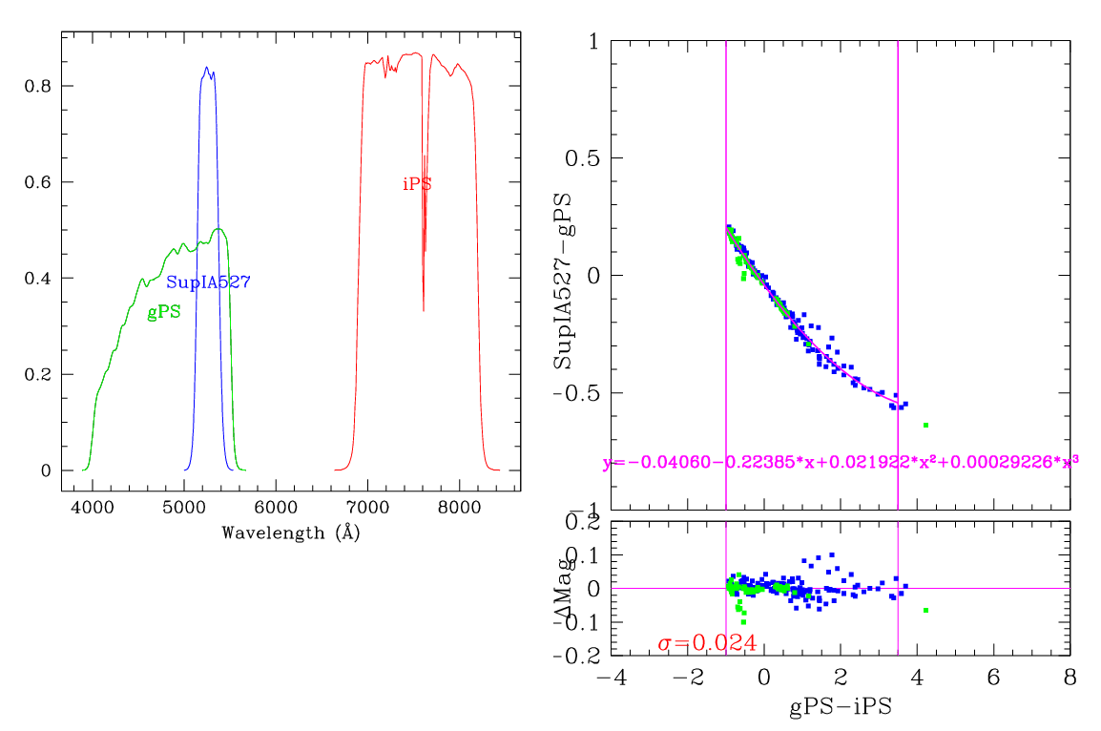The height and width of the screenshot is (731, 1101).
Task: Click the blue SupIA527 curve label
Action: [208, 282]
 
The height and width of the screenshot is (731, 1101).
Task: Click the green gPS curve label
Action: [164, 312]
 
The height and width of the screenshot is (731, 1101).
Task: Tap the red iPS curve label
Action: [417, 184]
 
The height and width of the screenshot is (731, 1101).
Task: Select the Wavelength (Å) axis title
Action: [290, 533]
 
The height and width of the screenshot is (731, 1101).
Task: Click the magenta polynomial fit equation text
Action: [841, 463]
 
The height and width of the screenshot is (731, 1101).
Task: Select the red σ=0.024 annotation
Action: [707, 644]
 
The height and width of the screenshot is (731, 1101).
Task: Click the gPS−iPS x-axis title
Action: [841, 708]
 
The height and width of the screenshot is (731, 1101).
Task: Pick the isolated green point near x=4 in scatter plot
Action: [925, 425]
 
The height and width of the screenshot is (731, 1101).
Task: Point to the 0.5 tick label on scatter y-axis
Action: [584, 158]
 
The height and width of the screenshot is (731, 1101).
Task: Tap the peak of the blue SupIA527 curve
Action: [207, 68]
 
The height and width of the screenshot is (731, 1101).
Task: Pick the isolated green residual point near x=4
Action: [925, 610]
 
